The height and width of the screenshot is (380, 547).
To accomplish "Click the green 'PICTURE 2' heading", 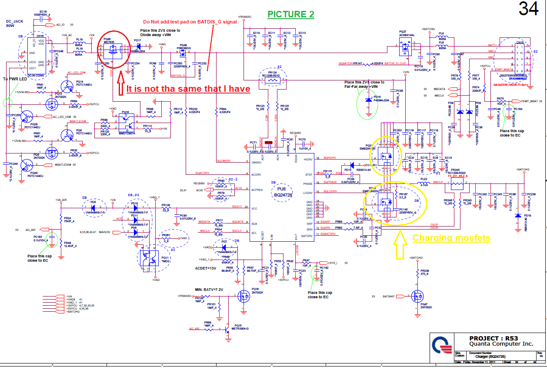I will [x=290, y=14].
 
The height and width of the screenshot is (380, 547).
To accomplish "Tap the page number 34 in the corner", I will [x=529, y=9].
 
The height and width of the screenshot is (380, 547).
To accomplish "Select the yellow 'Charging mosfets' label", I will [x=451, y=238].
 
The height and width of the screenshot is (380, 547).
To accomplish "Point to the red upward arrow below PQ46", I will [x=120, y=84].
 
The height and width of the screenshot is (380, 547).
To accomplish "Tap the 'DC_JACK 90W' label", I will [x=14, y=23].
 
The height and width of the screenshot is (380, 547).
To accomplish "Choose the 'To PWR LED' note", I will [x=13, y=79].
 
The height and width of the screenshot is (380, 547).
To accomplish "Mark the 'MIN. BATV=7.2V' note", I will [x=209, y=290].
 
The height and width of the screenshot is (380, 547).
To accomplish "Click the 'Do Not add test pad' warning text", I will [x=190, y=22].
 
